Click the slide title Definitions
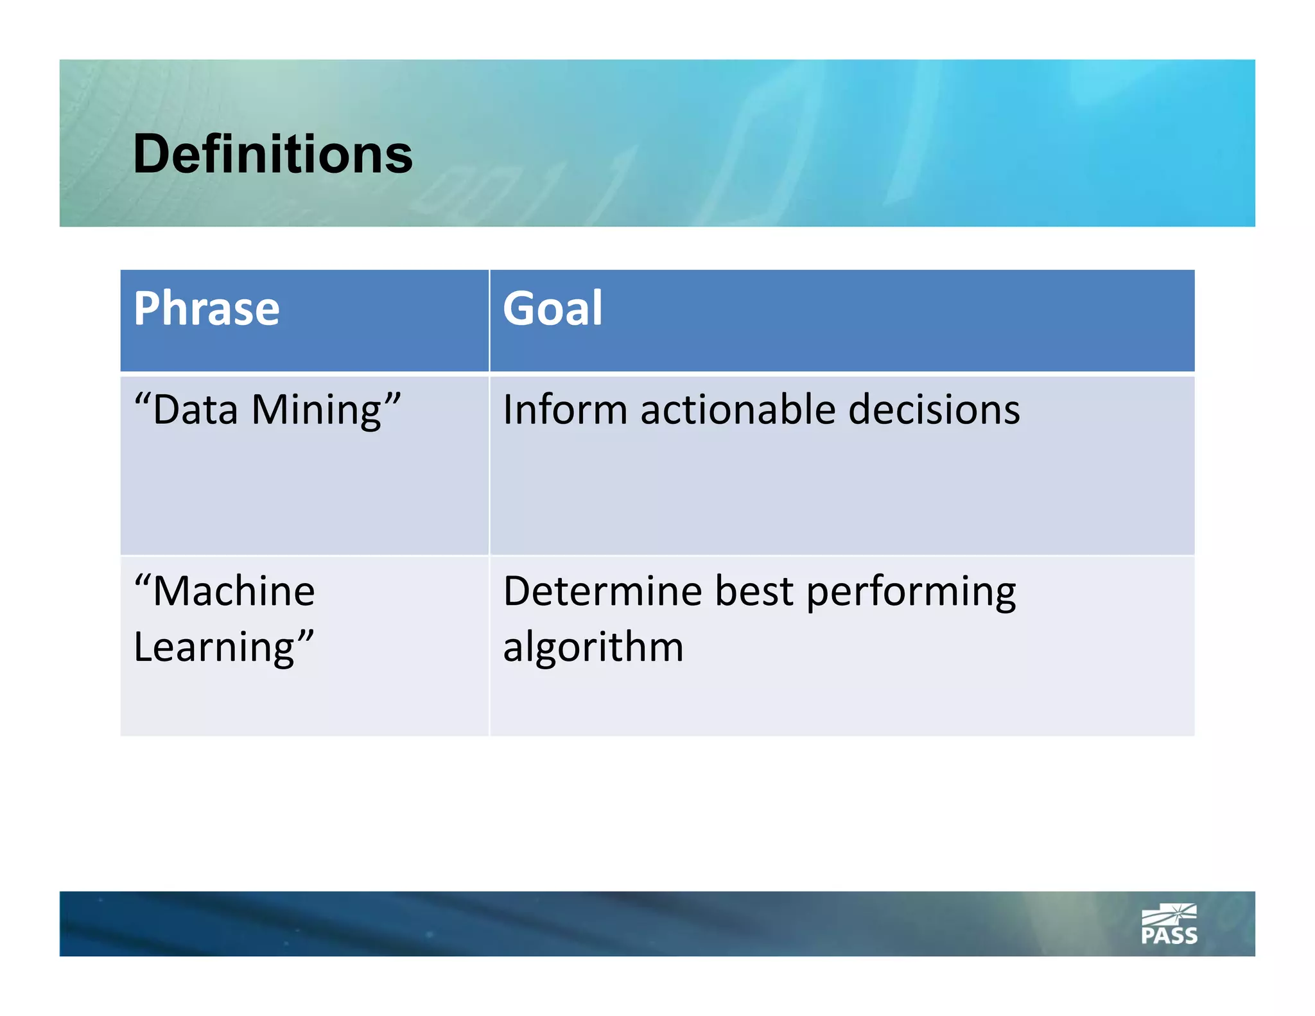pyautogui.click(x=272, y=154)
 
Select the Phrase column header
pyautogui.click(x=206, y=309)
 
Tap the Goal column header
pyautogui.click(x=552, y=309)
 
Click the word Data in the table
pyautogui.click(x=195, y=410)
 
